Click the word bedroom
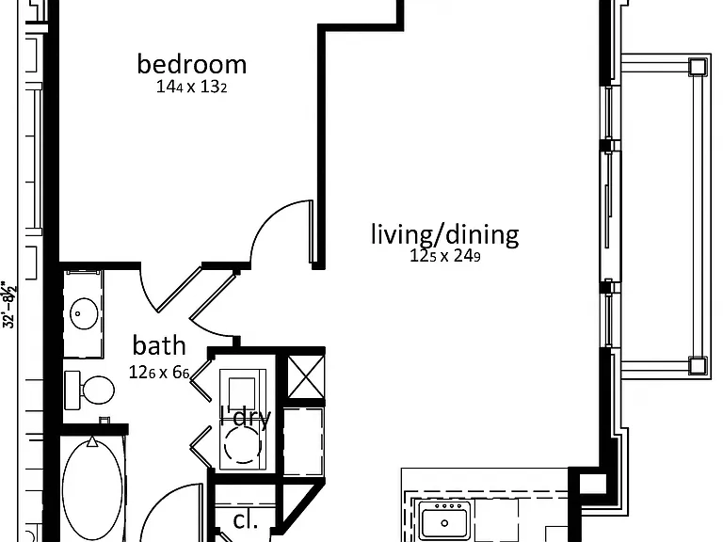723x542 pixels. click(x=192, y=64)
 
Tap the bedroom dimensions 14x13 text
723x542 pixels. click(x=191, y=87)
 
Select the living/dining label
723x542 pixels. click(x=445, y=234)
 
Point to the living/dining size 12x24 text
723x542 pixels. click(x=445, y=256)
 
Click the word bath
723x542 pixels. click(x=159, y=345)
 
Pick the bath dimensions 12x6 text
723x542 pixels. click(x=159, y=373)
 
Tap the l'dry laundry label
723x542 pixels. click(x=246, y=417)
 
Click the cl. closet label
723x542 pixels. click(x=246, y=520)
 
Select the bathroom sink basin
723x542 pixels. click(x=84, y=313)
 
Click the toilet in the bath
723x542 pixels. click(x=90, y=390)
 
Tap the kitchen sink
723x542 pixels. click(x=444, y=520)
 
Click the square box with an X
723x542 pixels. click(x=306, y=376)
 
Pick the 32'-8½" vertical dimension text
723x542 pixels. click(x=10, y=304)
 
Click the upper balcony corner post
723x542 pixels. click(x=698, y=68)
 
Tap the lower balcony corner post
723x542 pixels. click(x=698, y=365)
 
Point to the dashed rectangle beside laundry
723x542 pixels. click(x=303, y=441)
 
